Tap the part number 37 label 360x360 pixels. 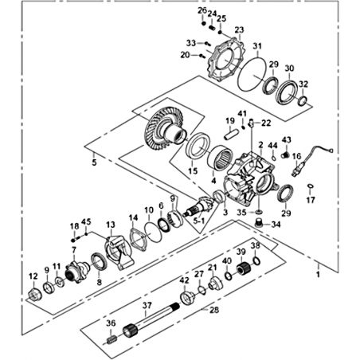pyautogui.click(x=147, y=306)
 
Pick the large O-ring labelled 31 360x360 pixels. pyautogui.click(x=252, y=72)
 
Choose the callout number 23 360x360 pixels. pyautogui.click(x=239, y=29)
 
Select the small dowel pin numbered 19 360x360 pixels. pyautogui.click(x=229, y=134)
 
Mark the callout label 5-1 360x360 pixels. pyautogui.click(x=198, y=220)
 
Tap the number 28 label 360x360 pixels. pyautogui.click(x=214, y=310)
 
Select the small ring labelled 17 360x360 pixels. pyautogui.click(x=310, y=186)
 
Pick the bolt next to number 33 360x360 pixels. pyautogui.click(x=207, y=43)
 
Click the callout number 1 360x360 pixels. pyautogui.click(x=318, y=274)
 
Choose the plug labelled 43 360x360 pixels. pyautogui.click(x=285, y=155)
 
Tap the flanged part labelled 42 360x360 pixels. pyautogui.click(x=188, y=298)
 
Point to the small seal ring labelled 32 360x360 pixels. pyautogui.click(x=303, y=100)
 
